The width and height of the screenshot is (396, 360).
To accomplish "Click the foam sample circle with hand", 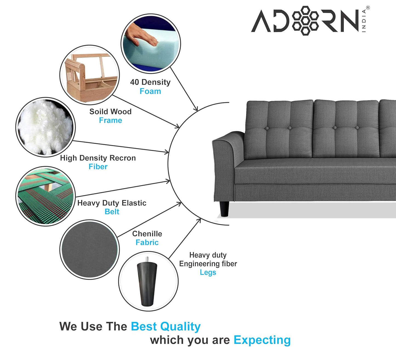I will click(150, 44).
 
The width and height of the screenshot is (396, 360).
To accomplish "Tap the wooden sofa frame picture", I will click(90, 75).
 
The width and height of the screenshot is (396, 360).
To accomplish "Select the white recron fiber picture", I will click(45, 127).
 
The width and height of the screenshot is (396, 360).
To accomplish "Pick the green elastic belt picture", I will click(45, 196).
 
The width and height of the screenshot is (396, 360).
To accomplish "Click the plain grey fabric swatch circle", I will click(90, 250).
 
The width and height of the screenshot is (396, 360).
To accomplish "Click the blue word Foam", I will click(150, 91).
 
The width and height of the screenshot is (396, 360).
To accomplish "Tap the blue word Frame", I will click(110, 120).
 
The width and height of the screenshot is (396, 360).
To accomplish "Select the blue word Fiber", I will click(98, 167).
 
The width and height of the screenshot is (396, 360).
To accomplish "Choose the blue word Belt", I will click(112, 212).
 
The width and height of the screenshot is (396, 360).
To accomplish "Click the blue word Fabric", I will click(147, 242).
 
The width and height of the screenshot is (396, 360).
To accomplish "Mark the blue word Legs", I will click(208, 272).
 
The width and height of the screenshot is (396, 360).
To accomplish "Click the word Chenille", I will click(147, 234).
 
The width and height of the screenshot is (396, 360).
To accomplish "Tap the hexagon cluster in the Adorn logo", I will click(305, 20).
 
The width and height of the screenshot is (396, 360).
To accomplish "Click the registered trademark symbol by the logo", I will click(368, 8).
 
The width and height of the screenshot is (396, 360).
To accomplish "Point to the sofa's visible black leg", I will click(224, 209).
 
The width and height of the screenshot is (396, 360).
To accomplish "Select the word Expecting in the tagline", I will click(262, 340).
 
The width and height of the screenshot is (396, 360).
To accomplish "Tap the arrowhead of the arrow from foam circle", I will click(196, 109).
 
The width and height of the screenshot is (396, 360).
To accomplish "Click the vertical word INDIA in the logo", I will click(364, 21).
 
